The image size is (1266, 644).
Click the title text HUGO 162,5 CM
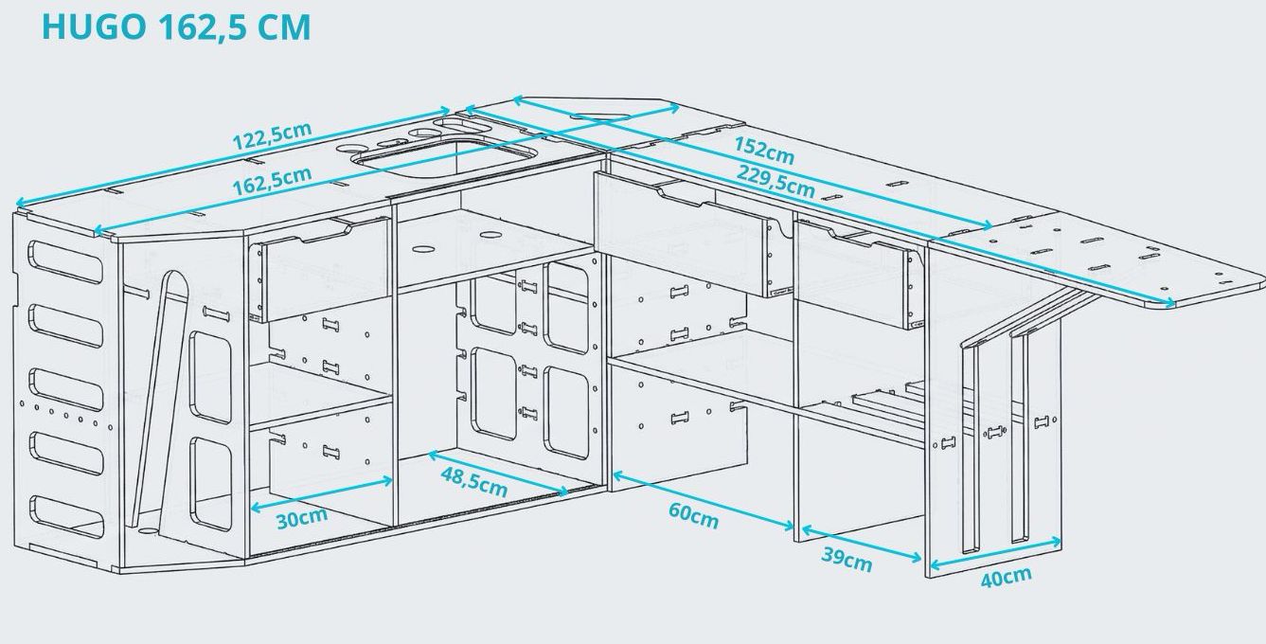(176, 27)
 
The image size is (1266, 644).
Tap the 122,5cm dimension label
(272, 137)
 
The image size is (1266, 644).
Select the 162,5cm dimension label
(272, 180)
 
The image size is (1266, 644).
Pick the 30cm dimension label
(302, 518)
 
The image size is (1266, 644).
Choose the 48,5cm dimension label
(473, 481)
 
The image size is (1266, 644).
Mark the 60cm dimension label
(693, 515)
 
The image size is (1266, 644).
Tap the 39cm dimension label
(846, 559)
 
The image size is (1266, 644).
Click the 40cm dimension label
(1006, 576)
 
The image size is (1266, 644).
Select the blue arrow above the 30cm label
(321, 494)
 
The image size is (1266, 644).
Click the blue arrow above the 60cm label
(704, 497)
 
